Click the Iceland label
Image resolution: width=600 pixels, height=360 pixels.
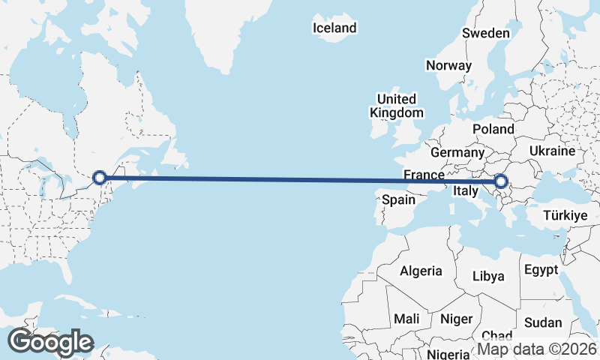tap(334, 28)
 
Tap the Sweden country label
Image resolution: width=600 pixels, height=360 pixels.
tap(485, 33)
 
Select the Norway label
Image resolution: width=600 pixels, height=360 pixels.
tap(448, 65)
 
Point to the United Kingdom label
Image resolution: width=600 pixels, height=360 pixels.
tap(397, 106)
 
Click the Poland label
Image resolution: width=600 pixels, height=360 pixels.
tap(493, 129)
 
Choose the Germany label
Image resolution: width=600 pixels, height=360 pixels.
tap(457, 152)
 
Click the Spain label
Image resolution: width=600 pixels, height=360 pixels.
tap(398, 200)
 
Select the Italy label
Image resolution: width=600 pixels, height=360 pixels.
tap(465, 192)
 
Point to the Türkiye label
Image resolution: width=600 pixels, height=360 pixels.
tap(565, 215)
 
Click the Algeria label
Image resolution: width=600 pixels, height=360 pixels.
tap(421, 271)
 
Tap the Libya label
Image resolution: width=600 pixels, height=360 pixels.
tap(488, 276)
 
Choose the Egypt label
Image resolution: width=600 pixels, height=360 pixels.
tap(541, 269)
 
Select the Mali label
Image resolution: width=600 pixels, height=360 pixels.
tap(407, 319)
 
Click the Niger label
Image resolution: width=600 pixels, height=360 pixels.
tap(456, 319)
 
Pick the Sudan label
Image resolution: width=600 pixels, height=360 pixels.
tap(543, 322)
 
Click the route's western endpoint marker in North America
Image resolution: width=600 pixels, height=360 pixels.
tap(99, 178)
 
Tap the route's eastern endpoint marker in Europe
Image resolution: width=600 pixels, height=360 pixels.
tap(501, 181)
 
